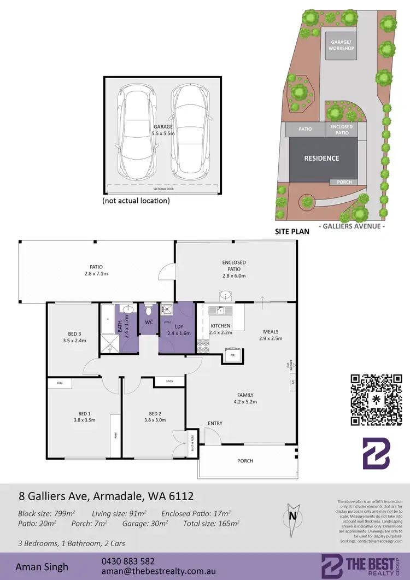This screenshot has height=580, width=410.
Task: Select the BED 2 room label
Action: pyautogui.click(x=155, y=417)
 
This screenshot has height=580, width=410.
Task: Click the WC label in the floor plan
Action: pyautogui.click(x=148, y=322)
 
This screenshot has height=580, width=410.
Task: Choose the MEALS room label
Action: pyautogui.click(x=270, y=335)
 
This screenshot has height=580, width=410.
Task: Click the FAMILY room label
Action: pyautogui.click(x=244, y=399)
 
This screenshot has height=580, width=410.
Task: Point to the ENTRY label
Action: pyautogui.click(x=214, y=423)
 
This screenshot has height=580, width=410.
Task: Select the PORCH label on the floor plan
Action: pyautogui.click(x=245, y=461)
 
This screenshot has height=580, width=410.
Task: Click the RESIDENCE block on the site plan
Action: pyautogui.click(x=321, y=159)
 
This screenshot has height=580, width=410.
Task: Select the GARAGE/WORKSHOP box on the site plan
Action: pyautogui.click(x=341, y=45)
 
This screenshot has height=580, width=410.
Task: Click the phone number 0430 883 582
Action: pyautogui.click(x=128, y=561)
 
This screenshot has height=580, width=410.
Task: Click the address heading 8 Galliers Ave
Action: pyautogui.click(x=104, y=496)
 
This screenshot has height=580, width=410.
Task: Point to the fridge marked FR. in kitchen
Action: pyautogui.click(x=232, y=355)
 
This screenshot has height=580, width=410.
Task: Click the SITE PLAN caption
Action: pyautogui.click(x=292, y=232)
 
